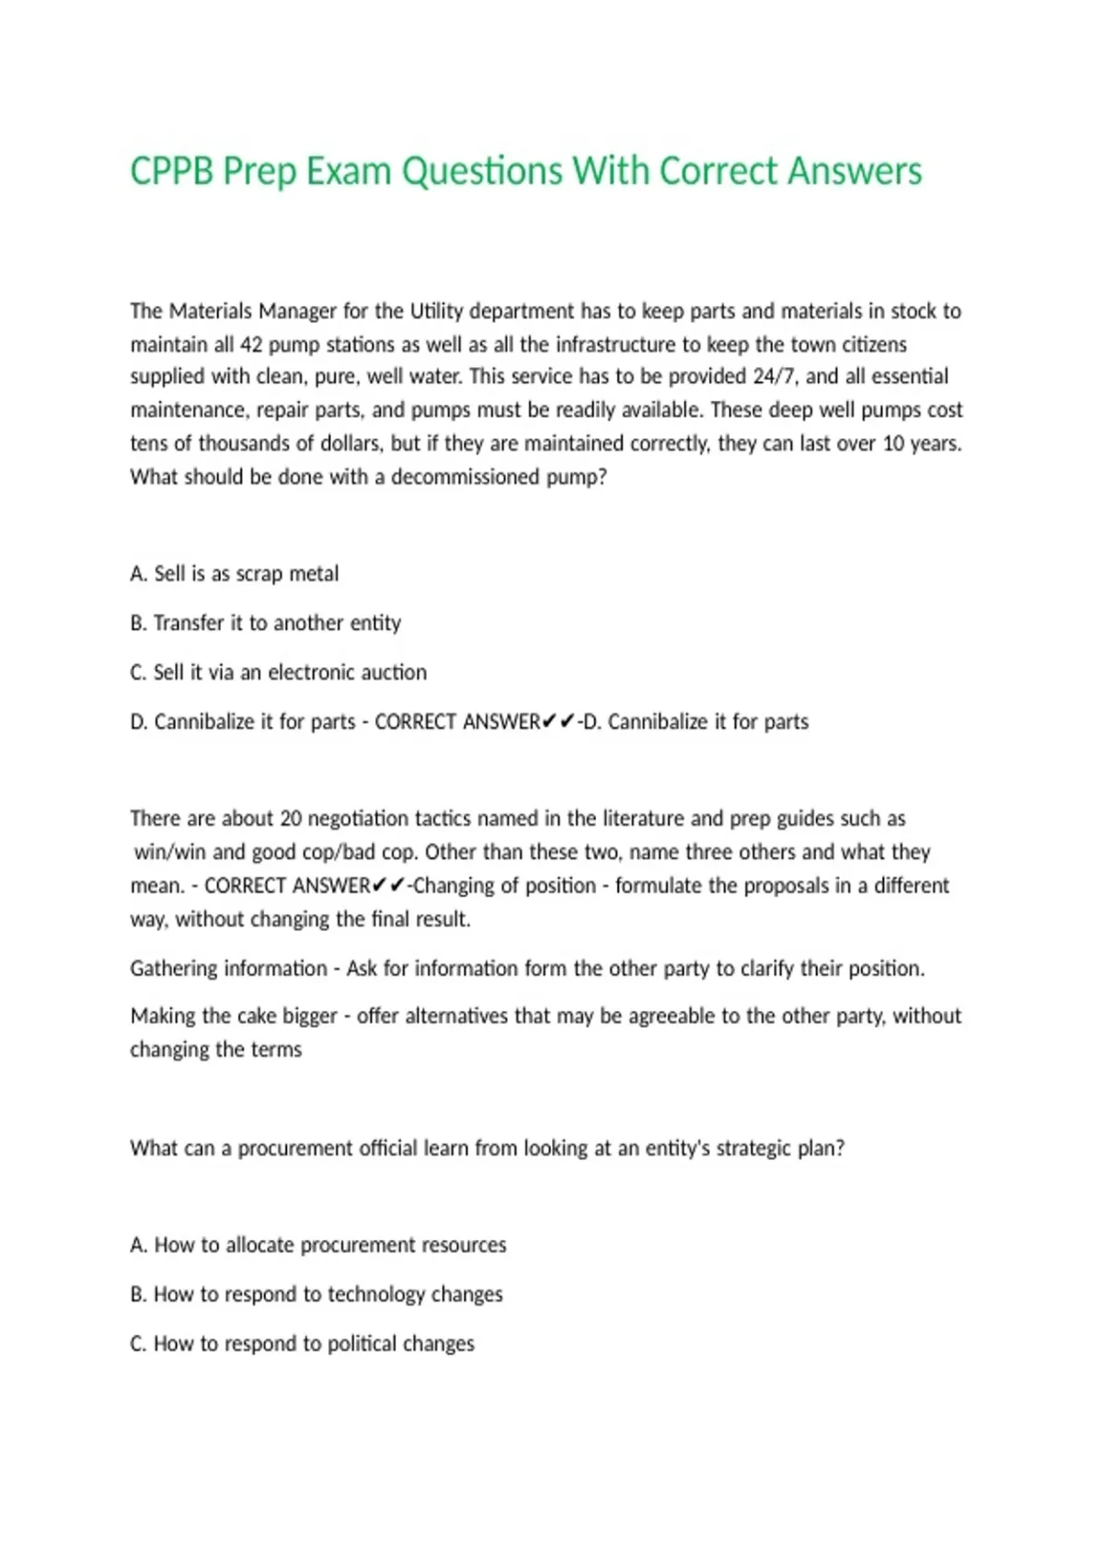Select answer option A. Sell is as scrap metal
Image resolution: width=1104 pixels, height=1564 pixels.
coord(235,574)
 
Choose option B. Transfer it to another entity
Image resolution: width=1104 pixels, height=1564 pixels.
coord(266,624)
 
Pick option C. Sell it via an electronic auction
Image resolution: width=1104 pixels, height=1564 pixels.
coord(278,673)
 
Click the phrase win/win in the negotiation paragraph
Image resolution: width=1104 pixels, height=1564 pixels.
coord(170,852)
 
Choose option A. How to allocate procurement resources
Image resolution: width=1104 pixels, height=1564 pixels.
coord(318,1246)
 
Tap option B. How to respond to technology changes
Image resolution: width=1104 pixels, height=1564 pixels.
coord(316,1294)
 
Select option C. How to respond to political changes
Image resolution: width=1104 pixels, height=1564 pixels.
coord(303,1344)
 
